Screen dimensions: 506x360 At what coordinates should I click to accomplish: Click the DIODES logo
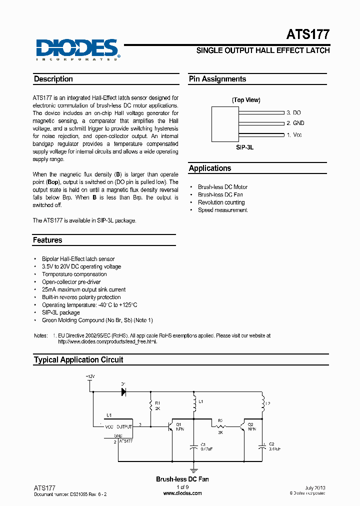(x=76, y=49)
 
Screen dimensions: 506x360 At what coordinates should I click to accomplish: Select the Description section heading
(x=53, y=79)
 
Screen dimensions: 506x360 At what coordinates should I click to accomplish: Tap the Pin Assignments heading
(x=217, y=79)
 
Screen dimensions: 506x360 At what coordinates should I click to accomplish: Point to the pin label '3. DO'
(x=293, y=113)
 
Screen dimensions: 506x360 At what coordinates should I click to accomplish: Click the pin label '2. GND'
(x=295, y=123)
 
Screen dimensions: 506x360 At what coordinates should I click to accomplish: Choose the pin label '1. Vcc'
(x=294, y=135)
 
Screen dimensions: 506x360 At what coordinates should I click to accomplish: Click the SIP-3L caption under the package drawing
(x=245, y=148)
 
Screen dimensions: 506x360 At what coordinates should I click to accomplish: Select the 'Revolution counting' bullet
(x=221, y=202)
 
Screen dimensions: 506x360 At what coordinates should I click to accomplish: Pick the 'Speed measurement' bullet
(x=222, y=210)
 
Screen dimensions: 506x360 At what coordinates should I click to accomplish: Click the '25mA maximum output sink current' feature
(x=83, y=289)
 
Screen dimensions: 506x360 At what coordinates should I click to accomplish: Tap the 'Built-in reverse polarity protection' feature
(x=81, y=297)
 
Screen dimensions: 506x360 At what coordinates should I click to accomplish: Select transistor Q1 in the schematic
(x=172, y=426)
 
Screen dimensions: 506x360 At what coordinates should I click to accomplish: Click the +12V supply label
(x=89, y=375)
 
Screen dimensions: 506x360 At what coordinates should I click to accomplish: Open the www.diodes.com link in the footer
(x=182, y=493)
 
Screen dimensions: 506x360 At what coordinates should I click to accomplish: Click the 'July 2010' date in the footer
(x=315, y=487)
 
